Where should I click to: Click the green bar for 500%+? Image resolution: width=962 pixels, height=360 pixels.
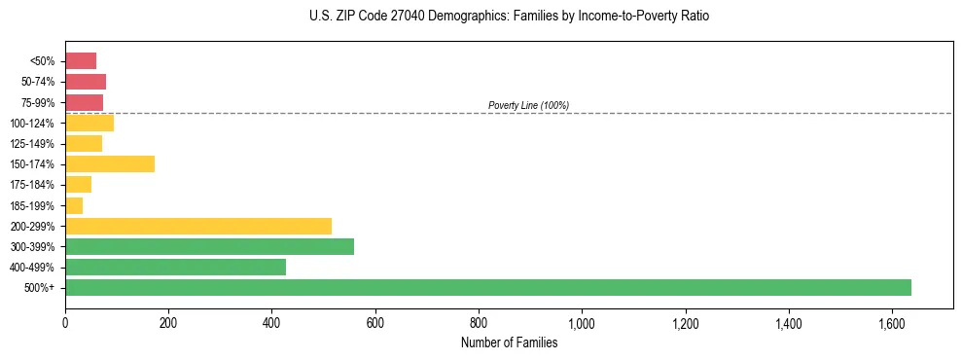point(487,287)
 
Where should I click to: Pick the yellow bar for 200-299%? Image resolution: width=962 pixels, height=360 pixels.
point(198,226)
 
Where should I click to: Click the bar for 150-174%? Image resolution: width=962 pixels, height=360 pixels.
point(110,163)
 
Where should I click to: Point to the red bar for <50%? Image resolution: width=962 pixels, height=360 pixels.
point(81,60)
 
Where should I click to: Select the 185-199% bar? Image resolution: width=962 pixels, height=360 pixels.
point(74,205)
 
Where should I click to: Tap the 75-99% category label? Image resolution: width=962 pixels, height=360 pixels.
point(38,102)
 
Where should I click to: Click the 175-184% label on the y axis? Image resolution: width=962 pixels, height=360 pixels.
point(34,184)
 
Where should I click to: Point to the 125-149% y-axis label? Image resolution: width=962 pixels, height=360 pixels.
point(34,143)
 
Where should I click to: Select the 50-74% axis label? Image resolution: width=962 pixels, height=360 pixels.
point(38,82)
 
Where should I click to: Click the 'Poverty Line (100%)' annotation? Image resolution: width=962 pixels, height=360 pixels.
point(528,105)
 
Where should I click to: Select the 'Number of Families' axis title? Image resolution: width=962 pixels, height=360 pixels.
point(509,342)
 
